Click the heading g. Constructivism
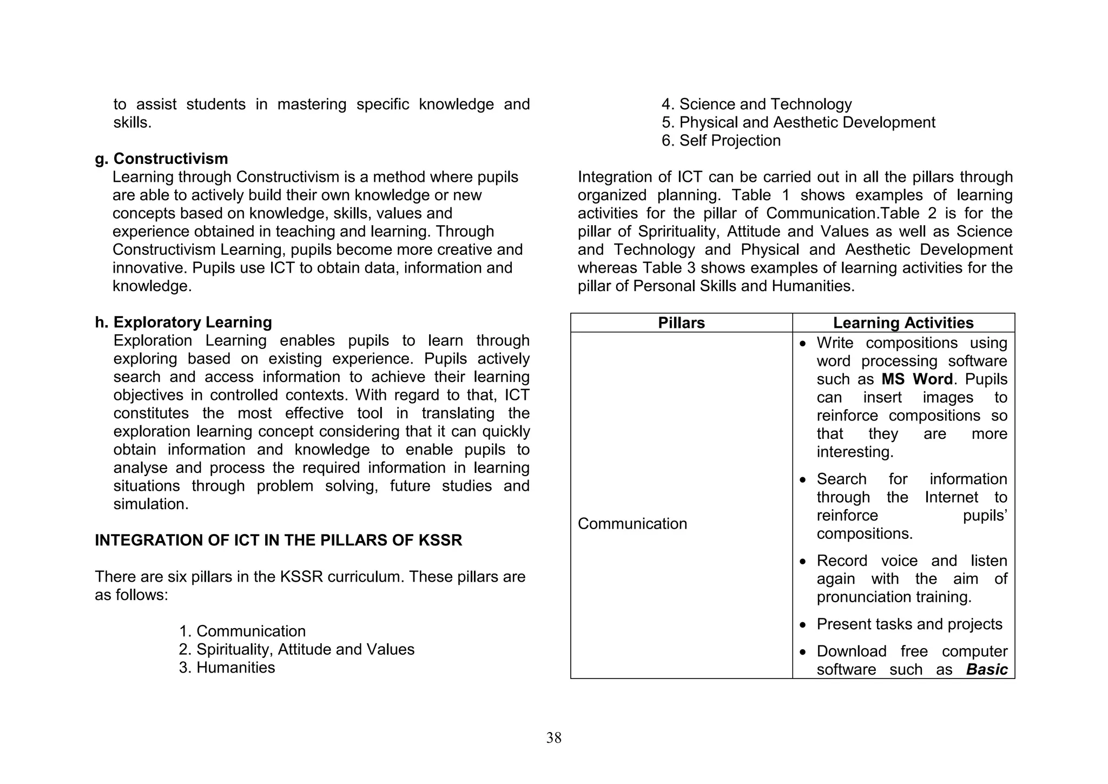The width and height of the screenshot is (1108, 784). (x=161, y=159)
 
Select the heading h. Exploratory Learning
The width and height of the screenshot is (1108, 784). (x=183, y=322)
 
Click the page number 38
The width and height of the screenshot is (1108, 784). (x=553, y=738)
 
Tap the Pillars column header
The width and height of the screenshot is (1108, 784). (x=681, y=323)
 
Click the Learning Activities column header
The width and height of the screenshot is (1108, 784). (x=903, y=323)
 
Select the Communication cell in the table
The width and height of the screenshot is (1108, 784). (x=632, y=524)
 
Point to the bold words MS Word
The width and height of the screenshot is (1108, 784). (x=916, y=379)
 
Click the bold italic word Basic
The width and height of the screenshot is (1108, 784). (x=986, y=670)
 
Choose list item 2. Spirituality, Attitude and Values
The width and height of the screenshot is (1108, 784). (x=296, y=650)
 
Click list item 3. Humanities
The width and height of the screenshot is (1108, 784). (x=227, y=668)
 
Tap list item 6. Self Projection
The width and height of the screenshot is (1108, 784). (x=721, y=141)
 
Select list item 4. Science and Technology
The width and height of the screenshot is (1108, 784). (x=756, y=104)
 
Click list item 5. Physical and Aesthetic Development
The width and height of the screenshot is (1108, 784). (x=798, y=123)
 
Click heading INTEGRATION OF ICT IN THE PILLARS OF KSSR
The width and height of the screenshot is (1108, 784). (x=278, y=541)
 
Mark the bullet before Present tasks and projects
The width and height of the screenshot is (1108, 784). (x=803, y=625)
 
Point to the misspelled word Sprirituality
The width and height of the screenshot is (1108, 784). (x=678, y=232)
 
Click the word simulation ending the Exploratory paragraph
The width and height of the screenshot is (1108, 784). (x=150, y=504)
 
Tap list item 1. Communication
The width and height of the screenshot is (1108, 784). (x=242, y=631)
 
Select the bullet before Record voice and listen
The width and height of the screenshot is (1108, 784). (x=803, y=562)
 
